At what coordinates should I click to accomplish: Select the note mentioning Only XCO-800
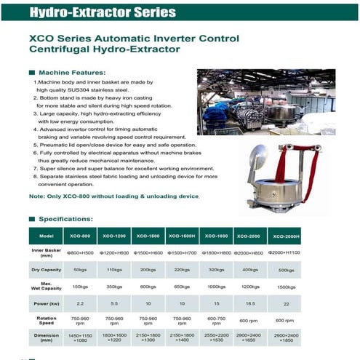tap(113, 196)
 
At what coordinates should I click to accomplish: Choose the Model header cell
tap(44, 236)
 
